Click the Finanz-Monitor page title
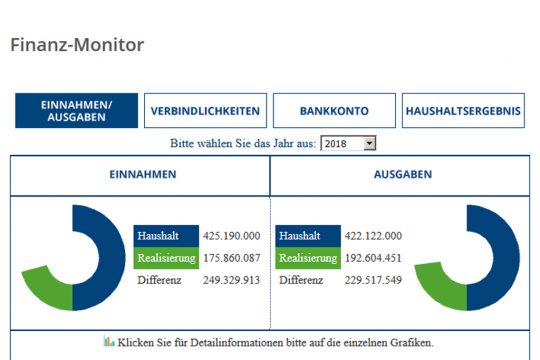[77, 45]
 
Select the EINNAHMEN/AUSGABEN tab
[76, 111]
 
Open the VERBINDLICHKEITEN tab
[205, 111]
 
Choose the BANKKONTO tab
[334, 111]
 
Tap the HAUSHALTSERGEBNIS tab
[463, 111]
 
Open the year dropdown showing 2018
[348, 144]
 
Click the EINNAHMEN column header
[141, 174]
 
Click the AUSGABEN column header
[401, 174]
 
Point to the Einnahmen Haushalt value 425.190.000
[231, 236]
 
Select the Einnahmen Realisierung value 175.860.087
[231, 258]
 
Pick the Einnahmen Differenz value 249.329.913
[231, 280]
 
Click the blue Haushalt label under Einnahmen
[160, 236]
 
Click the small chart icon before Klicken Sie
[109, 342]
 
